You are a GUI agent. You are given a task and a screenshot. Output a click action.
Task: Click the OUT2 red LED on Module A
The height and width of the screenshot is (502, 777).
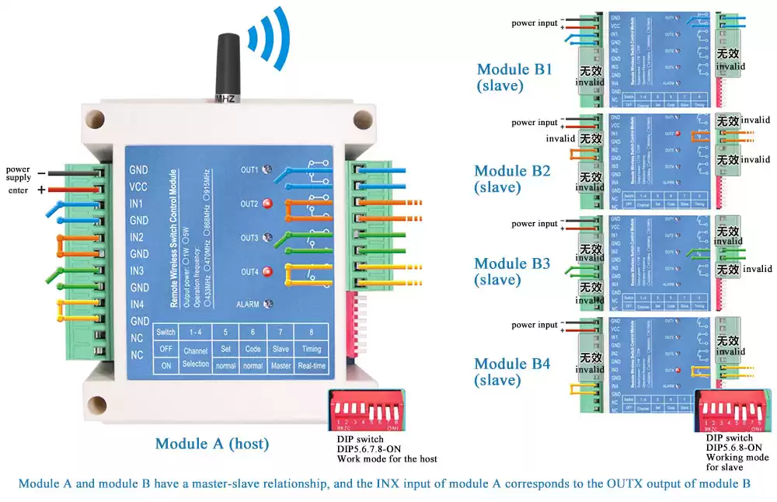click(x=267, y=204)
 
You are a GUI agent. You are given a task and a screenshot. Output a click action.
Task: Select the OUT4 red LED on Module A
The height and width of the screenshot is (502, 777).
click(x=267, y=271)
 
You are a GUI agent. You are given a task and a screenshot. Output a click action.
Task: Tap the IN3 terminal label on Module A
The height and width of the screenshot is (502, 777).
click(x=138, y=271)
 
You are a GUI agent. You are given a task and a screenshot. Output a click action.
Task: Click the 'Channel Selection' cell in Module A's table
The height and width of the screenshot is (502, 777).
click(x=195, y=357)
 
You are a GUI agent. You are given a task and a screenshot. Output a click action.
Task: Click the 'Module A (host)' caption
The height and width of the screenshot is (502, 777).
click(x=212, y=444)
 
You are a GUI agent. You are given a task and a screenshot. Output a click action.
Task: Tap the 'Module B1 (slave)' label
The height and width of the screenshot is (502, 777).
click(x=514, y=77)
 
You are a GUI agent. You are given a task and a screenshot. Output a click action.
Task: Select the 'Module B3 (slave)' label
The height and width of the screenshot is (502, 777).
click(x=512, y=271)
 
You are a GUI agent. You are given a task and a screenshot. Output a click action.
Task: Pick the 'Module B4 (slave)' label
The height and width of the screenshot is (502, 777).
click(x=512, y=371)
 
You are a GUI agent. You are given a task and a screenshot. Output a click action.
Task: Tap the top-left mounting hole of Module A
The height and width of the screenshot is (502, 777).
click(x=93, y=119)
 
